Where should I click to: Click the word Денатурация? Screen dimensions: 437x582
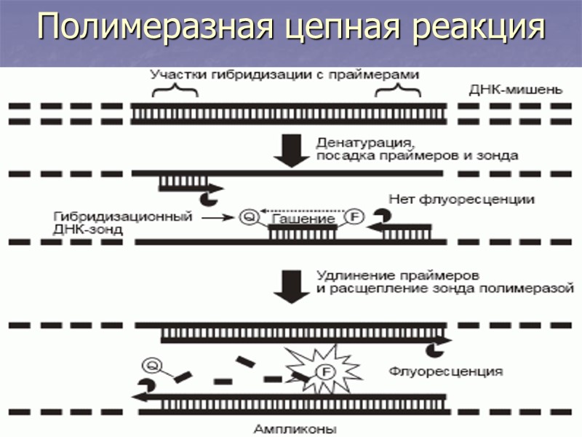pos(364,142)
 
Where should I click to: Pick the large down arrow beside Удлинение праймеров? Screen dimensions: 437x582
pos(290,286)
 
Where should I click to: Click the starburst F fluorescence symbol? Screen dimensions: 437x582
pos(318,374)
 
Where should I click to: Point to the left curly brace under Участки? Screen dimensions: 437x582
pos(175,92)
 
